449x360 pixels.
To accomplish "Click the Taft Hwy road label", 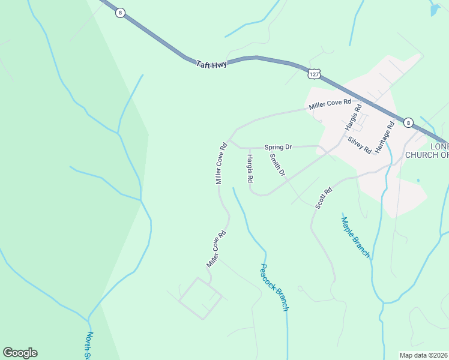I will point(211,63).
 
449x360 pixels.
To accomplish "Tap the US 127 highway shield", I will point(313,73).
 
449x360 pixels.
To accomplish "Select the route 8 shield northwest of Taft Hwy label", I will point(121,13).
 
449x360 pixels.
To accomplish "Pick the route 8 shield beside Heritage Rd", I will point(408,122).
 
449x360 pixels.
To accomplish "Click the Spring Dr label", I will point(278,146).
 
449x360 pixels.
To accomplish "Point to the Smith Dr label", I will point(277,165).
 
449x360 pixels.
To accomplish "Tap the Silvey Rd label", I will point(359,145).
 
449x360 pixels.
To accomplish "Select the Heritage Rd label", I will point(384,137).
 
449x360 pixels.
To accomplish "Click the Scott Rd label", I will point(324,199).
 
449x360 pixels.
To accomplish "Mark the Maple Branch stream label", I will point(355,237).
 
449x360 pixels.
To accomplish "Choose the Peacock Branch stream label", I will point(274,287).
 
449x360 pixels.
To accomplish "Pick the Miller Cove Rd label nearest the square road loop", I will point(216,250).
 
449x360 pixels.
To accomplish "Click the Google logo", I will point(20,353).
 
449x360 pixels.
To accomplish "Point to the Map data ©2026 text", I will point(423,355).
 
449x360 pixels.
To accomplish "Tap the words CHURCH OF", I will point(427,155).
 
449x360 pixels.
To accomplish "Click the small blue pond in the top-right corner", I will point(435,10).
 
